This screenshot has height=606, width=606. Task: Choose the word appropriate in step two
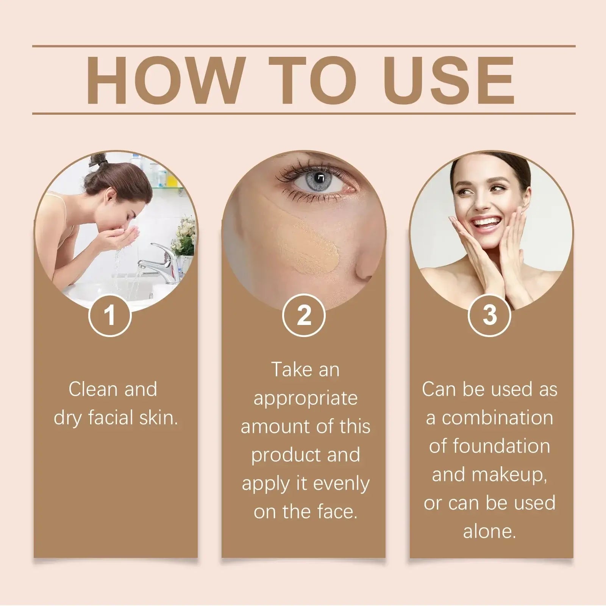point(305,399)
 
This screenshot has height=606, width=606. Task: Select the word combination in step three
point(497,418)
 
